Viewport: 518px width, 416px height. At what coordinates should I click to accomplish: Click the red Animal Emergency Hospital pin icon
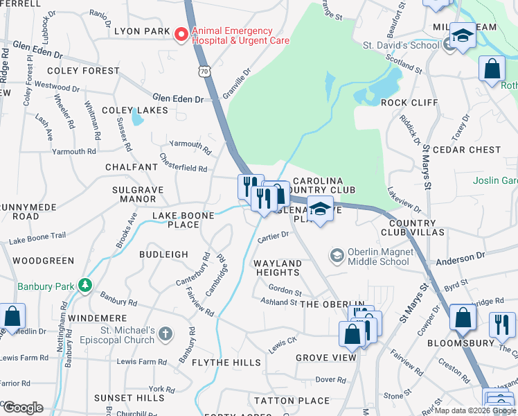[181, 34]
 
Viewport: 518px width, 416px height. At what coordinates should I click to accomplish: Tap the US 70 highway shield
[202, 71]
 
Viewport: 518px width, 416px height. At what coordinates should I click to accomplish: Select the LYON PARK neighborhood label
[141, 31]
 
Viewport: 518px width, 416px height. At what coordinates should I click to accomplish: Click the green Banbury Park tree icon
[84, 285]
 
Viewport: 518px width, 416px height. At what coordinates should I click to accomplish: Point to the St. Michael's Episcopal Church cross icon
[165, 334]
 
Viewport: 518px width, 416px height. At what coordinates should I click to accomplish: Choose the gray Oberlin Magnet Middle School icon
[337, 256]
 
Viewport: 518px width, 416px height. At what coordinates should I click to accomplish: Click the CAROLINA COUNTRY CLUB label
[319, 185]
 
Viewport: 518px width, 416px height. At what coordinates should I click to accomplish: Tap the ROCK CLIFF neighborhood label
[409, 103]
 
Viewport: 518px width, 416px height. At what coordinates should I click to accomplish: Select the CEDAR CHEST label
[466, 150]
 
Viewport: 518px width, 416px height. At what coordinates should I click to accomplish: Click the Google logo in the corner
[22, 407]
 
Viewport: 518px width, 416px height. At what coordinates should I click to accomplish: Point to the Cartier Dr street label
[272, 236]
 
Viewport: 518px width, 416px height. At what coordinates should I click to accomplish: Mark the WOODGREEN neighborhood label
[43, 261]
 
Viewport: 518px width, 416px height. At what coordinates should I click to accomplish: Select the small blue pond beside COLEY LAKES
[138, 119]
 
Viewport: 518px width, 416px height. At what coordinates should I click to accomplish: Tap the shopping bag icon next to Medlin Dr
[12, 317]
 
